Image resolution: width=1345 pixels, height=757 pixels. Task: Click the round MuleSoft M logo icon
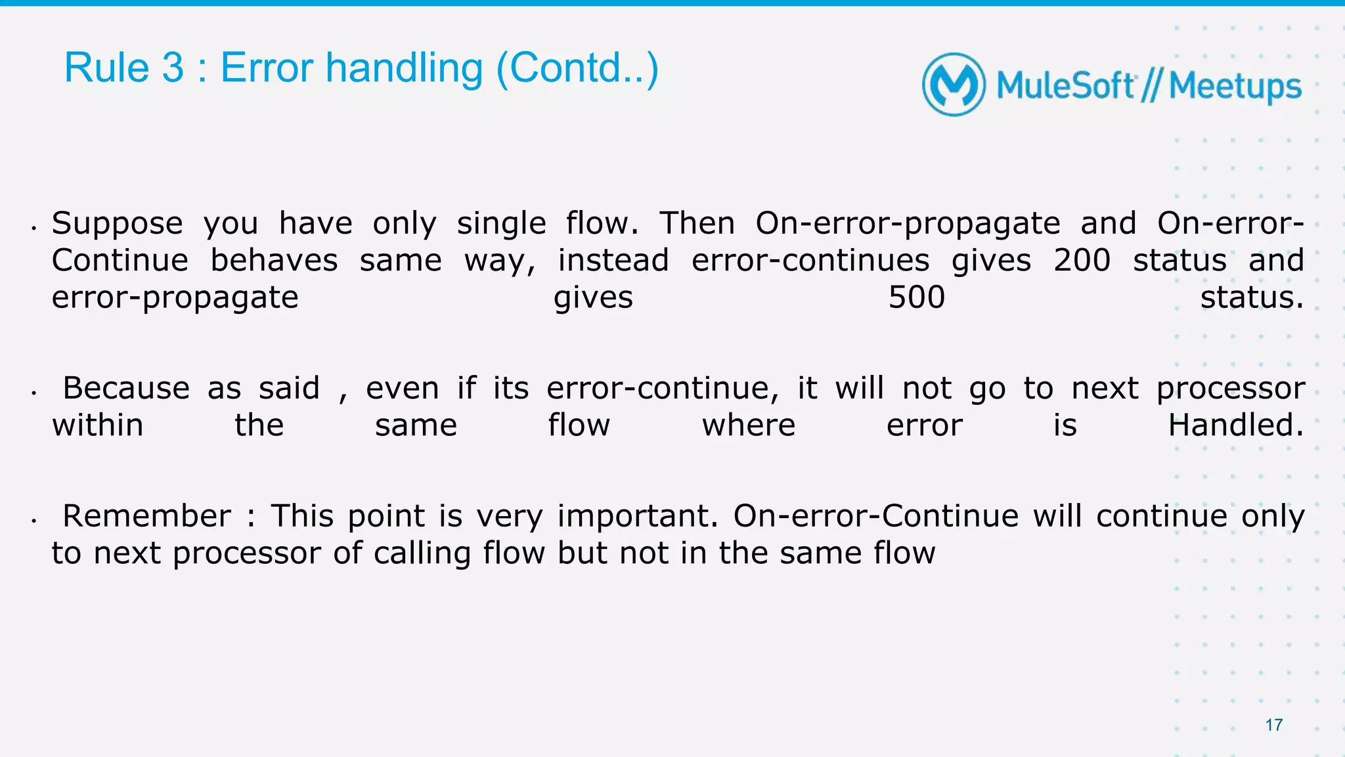point(954,85)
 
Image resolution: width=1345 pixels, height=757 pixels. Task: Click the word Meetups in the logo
point(1235,87)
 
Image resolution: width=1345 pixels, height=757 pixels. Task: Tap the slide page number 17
point(1273,725)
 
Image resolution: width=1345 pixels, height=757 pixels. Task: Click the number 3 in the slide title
point(173,68)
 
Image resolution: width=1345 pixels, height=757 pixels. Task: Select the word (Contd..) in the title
point(577,68)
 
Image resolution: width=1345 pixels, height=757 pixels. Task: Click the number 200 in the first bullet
point(1082,260)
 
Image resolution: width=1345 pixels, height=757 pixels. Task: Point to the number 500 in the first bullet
point(916,297)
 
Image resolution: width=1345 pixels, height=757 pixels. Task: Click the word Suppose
point(117,224)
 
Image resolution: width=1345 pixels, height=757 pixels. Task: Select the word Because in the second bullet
point(125,388)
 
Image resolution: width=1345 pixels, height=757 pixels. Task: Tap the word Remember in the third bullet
point(146,516)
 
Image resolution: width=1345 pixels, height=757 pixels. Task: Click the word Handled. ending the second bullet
point(1235,425)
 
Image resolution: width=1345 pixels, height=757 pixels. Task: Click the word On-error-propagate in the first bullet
point(907,224)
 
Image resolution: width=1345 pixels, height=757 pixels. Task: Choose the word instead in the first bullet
point(613,260)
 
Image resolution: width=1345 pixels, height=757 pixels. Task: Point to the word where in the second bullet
point(748,425)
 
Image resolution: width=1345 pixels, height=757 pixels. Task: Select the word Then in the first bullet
point(696,224)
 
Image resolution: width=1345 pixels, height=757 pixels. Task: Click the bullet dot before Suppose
point(33,228)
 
